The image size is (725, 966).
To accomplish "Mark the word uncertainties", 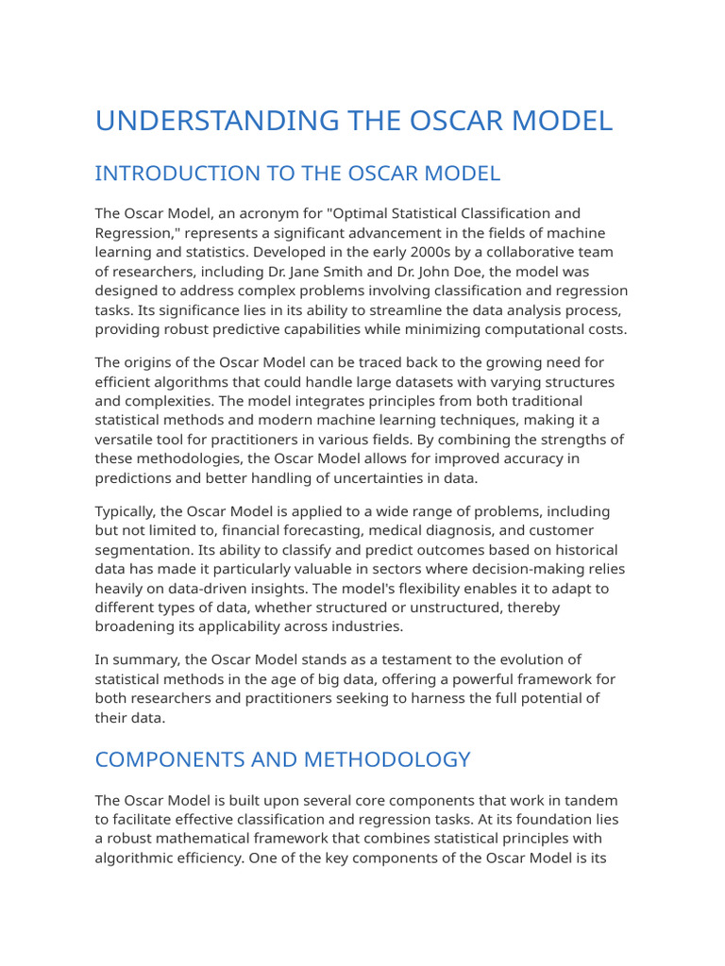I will [376, 478].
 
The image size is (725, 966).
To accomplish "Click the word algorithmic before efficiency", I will [143, 858].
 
